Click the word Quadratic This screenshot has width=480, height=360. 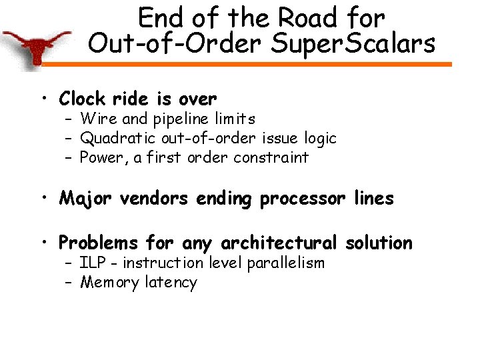pos(117,139)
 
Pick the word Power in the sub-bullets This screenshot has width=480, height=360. pos(99,158)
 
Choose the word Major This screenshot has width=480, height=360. pos(86,199)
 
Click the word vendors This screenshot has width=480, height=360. pos(154,199)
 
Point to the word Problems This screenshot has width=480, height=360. pos(98,243)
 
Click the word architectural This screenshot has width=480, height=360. pos(279,243)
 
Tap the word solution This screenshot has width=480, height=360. pos(379,243)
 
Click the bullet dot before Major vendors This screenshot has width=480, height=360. pos(45,199)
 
